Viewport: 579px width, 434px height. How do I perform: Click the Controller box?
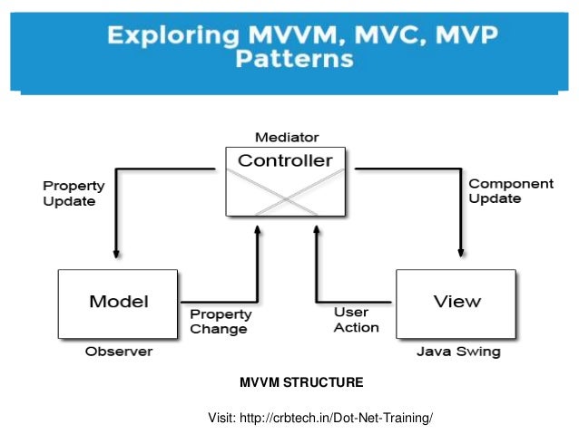click(x=286, y=181)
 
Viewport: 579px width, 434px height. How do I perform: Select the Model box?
click(x=118, y=302)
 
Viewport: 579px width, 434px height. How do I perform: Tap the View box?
click(x=456, y=302)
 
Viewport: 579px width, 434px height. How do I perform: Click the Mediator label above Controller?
click(x=286, y=138)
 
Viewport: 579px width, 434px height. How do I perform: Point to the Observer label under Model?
click(x=118, y=351)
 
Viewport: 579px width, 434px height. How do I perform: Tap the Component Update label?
click(x=510, y=190)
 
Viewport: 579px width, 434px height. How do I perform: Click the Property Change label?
click(x=219, y=321)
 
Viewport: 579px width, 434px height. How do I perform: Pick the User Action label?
click(x=357, y=320)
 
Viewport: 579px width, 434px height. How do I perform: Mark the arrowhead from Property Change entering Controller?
click(x=259, y=230)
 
